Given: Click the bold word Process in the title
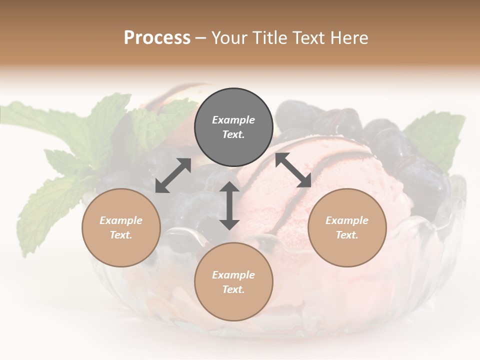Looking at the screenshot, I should tap(157, 38).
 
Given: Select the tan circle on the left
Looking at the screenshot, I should tap(121, 227).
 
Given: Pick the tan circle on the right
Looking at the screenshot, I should tap(347, 227).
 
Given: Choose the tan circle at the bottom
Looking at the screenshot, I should tap(233, 281).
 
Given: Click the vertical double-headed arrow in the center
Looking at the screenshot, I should tap(229, 205).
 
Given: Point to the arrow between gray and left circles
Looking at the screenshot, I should tap(173, 175).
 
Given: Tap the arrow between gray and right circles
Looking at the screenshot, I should tap(293, 170).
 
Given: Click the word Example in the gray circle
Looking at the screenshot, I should tap(233, 120).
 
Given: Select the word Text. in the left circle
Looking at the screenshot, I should tap(121, 235).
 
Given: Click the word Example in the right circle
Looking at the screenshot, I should tap(347, 220).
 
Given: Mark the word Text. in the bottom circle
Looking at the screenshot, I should tap(233, 289).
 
